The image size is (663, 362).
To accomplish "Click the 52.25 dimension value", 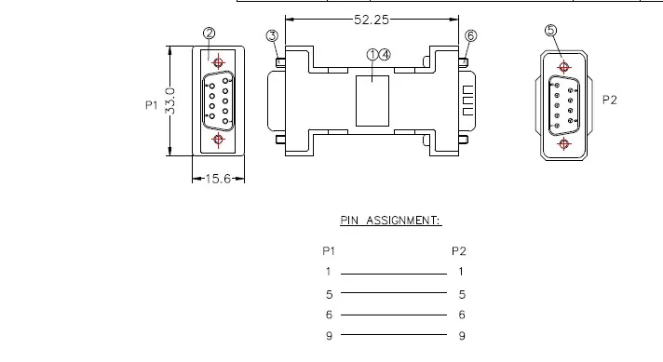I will pyautogui.click(x=372, y=19).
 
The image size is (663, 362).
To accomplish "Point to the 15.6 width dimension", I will pyautogui.click(x=218, y=179).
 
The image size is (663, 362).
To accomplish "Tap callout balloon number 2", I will pyautogui.click(x=210, y=34).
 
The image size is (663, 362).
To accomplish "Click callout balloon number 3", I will pyautogui.click(x=272, y=36).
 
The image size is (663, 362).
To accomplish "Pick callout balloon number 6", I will pyautogui.click(x=470, y=35).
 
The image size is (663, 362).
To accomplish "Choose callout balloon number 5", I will pyautogui.click(x=550, y=30).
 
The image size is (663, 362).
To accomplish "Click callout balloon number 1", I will pyautogui.click(x=372, y=55).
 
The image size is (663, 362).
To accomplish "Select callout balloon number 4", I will pyautogui.click(x=385, y=55).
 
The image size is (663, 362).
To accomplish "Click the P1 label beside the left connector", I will pyautogui.click(x=151, y=105).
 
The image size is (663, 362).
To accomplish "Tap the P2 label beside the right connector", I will pyautogui.click(x=610, y=101).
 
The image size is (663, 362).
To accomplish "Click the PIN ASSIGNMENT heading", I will pyautogui.click(x=389, y=221).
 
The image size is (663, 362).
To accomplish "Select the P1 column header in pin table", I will pyautogui.click(x=328, y=250).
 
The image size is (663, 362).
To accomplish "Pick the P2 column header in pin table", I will pyautogui.click(x=458, y=250).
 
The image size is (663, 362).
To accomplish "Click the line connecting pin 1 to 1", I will pyautogui.click(x=393, y=275).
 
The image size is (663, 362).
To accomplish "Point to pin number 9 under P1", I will pyautogui.click(x=329, y=336).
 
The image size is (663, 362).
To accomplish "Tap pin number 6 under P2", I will pyautogui.click(x=462, y=315).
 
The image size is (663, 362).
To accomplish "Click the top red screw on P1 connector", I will pyautogui.click(x=218, y=63).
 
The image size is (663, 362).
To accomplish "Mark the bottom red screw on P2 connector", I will pyautogui.click(x=562, y=143).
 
